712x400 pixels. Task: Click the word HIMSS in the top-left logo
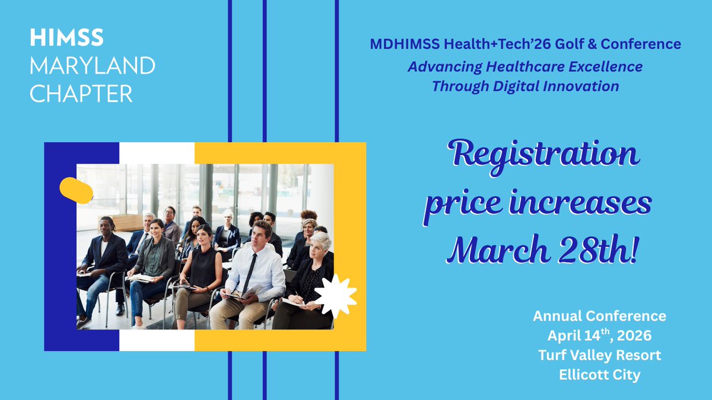pos(66,38)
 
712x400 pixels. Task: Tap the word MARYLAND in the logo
pos(92,66)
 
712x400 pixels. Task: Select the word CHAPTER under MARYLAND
pos(81,94)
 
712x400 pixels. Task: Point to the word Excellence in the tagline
pos(602,66)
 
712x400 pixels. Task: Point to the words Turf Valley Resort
pos(599,356)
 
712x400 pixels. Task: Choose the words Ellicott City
pos(599,375)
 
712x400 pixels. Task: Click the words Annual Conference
pos(599,316)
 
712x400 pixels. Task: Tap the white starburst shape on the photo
pos(335,295)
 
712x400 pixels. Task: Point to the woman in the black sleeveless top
pos(204,267)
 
